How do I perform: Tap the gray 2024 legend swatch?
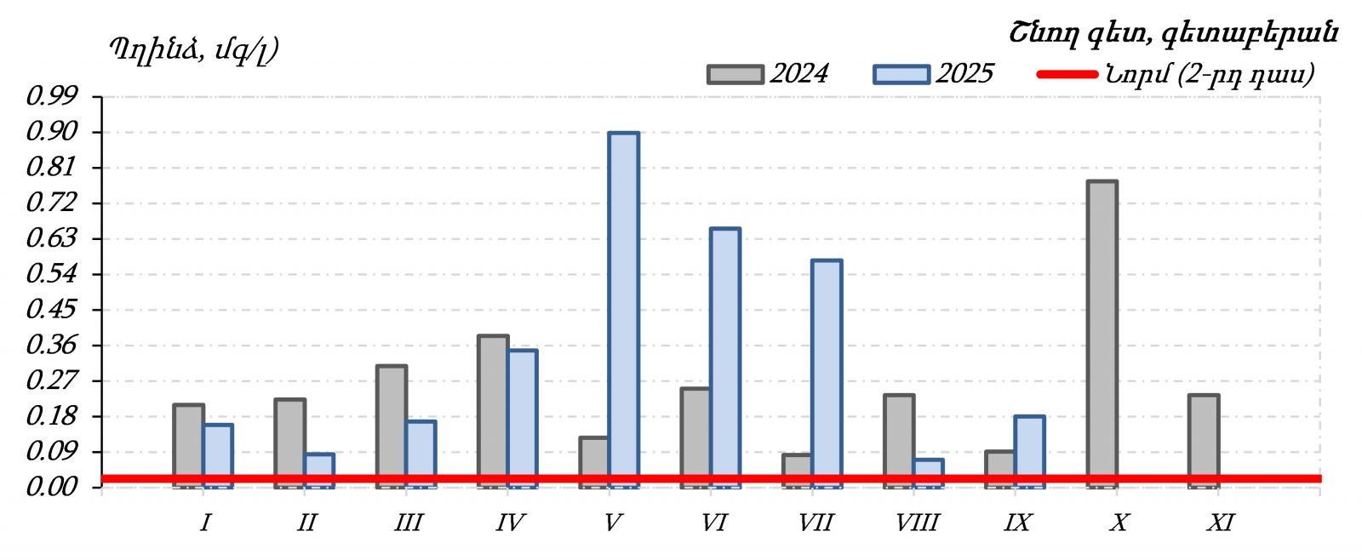tap(735, 75)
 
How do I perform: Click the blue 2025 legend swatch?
tap(901, 75)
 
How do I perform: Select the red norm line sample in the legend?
tap(1067, 75)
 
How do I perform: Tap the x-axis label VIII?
tap(917, 523)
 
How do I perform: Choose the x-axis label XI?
tap(1221, 523)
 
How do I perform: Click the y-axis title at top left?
tap(193, 49)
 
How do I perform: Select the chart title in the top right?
tap(1174, 33)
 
